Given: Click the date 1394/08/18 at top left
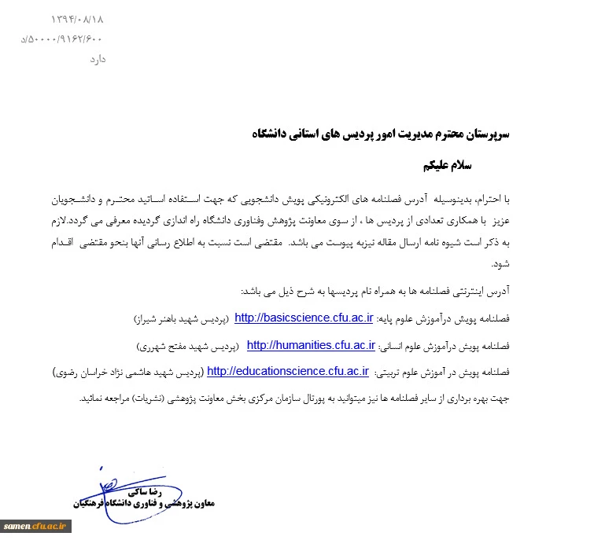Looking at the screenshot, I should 78,17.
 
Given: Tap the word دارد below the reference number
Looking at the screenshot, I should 92,59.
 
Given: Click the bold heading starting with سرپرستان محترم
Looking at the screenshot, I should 382,134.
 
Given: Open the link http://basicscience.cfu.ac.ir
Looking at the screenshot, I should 304,318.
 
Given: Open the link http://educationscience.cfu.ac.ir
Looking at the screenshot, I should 288,372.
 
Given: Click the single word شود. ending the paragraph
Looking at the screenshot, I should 502,265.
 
